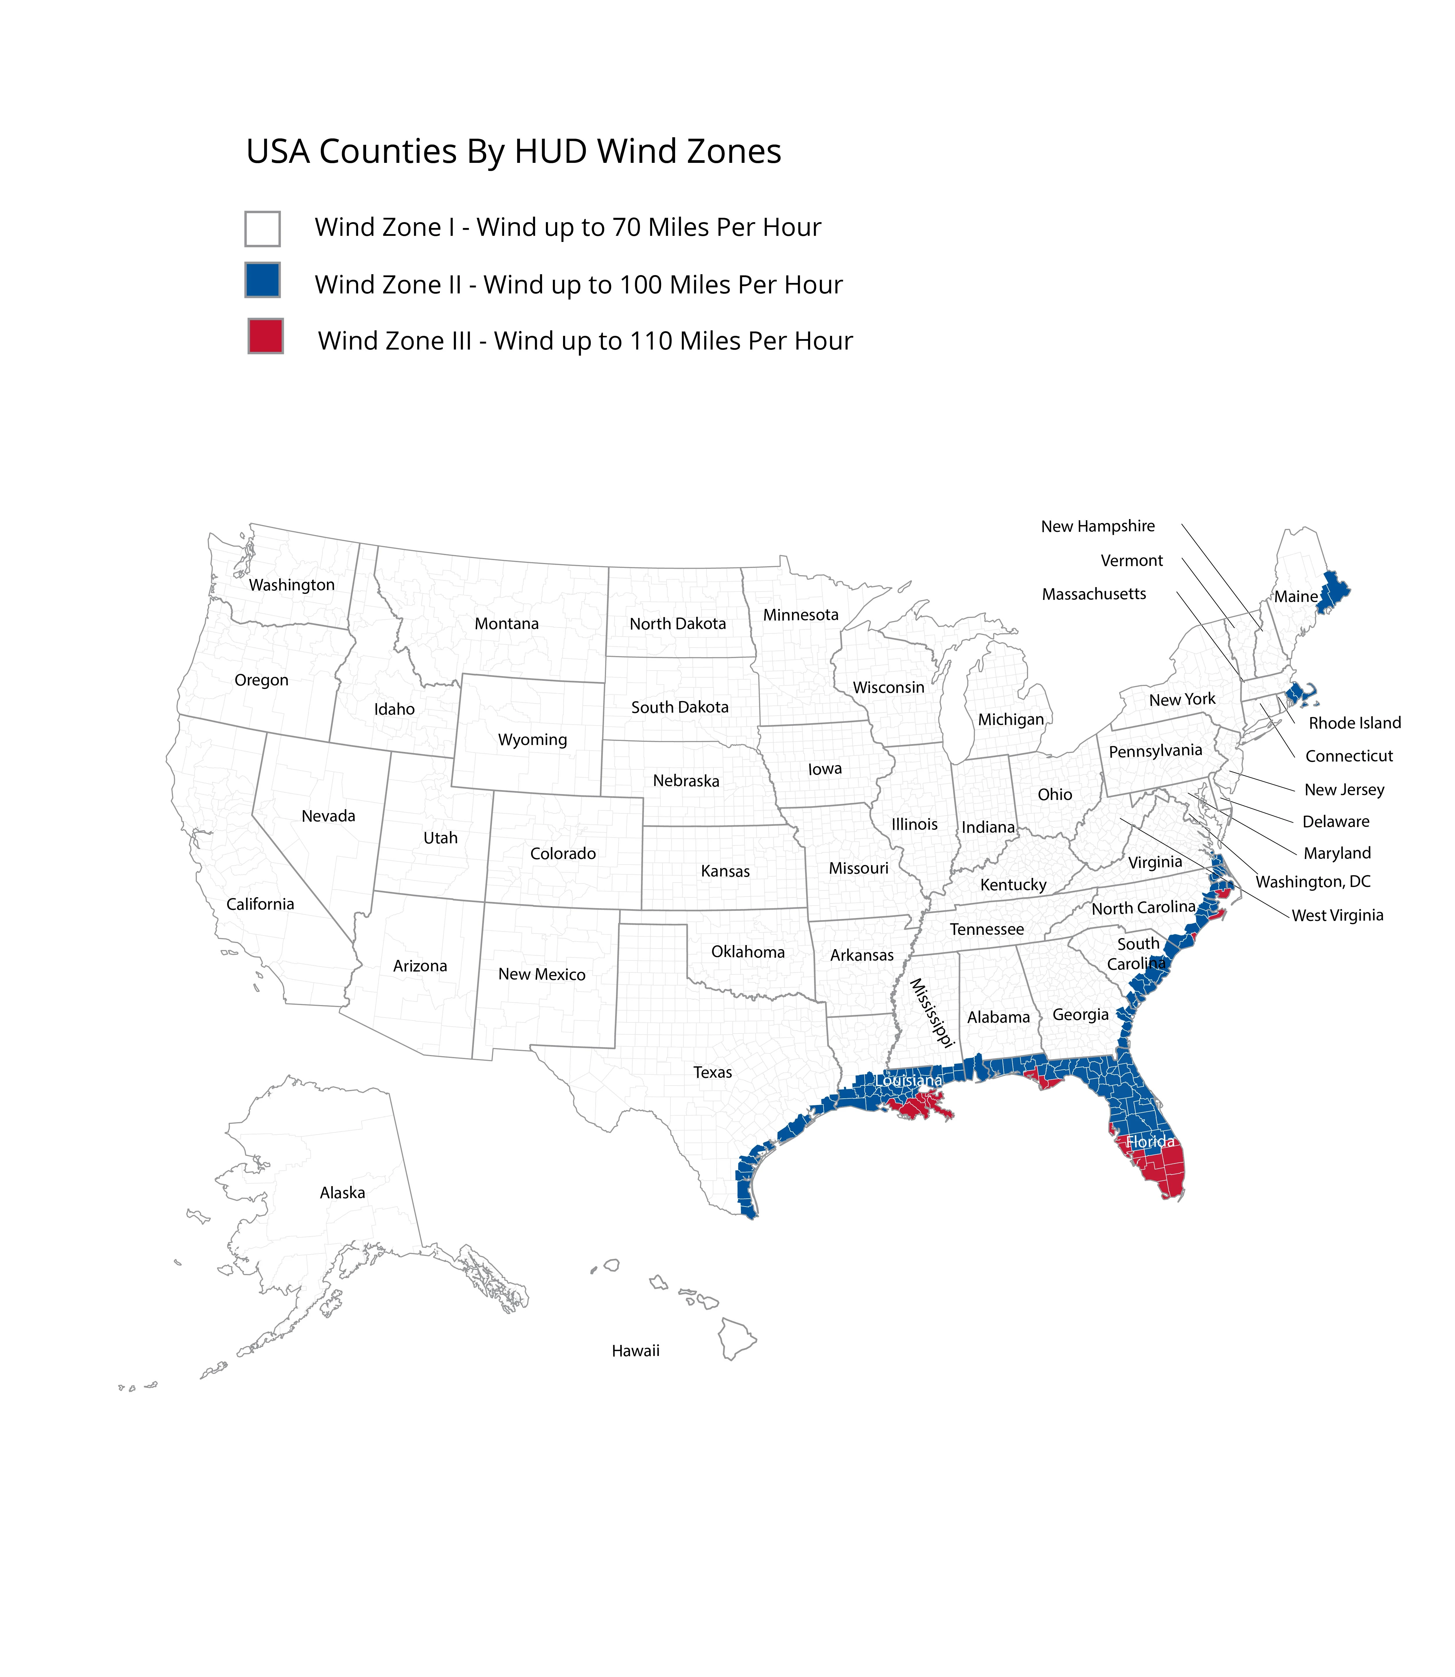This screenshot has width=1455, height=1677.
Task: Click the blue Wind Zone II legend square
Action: (262, 280)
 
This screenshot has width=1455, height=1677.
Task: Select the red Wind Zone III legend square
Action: (266, 336)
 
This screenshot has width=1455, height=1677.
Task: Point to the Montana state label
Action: (507, 623)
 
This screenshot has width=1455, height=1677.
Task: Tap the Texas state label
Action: (713, 1072)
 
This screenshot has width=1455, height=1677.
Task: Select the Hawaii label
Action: (636, 1351)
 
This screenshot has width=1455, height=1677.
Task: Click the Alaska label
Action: (343, 1193)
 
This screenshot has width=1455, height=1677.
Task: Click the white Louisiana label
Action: (909, 1080)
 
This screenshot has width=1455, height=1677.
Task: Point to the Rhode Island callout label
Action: (1354, 722)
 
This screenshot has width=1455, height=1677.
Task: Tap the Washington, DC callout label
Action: (1313, 881)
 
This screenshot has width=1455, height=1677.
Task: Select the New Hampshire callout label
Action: (1098, 526)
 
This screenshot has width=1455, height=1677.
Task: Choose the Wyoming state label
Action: (533, 739)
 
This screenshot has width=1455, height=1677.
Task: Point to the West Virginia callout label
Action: (1337, 915)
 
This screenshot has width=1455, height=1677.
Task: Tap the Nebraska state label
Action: (686, 781)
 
